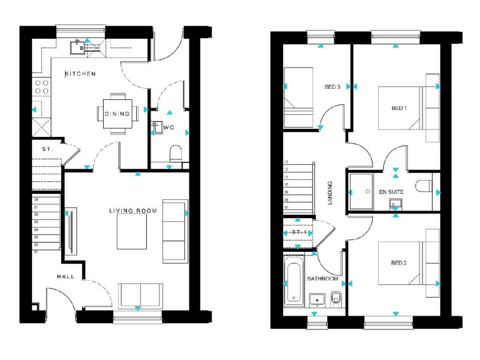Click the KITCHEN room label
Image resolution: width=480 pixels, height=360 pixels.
(80, 74)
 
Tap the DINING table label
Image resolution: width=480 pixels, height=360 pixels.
(117, 114)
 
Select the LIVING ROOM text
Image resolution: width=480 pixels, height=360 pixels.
(132, 211)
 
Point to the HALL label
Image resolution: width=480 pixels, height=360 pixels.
(66, 276)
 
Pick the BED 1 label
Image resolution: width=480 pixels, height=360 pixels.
(399, 108)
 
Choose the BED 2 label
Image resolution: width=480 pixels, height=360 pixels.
(399, 262)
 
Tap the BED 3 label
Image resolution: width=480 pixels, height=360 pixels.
(332, 87)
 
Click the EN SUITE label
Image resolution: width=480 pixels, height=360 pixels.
(391, 191)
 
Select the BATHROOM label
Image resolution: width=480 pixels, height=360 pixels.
(322, 279)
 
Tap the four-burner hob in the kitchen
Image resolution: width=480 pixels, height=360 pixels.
(41, 86)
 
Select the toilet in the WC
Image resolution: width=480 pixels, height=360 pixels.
(176, 153)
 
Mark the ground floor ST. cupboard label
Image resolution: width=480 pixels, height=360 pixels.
(47, 150)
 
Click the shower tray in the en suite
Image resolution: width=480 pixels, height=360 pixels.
(361, 191)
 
